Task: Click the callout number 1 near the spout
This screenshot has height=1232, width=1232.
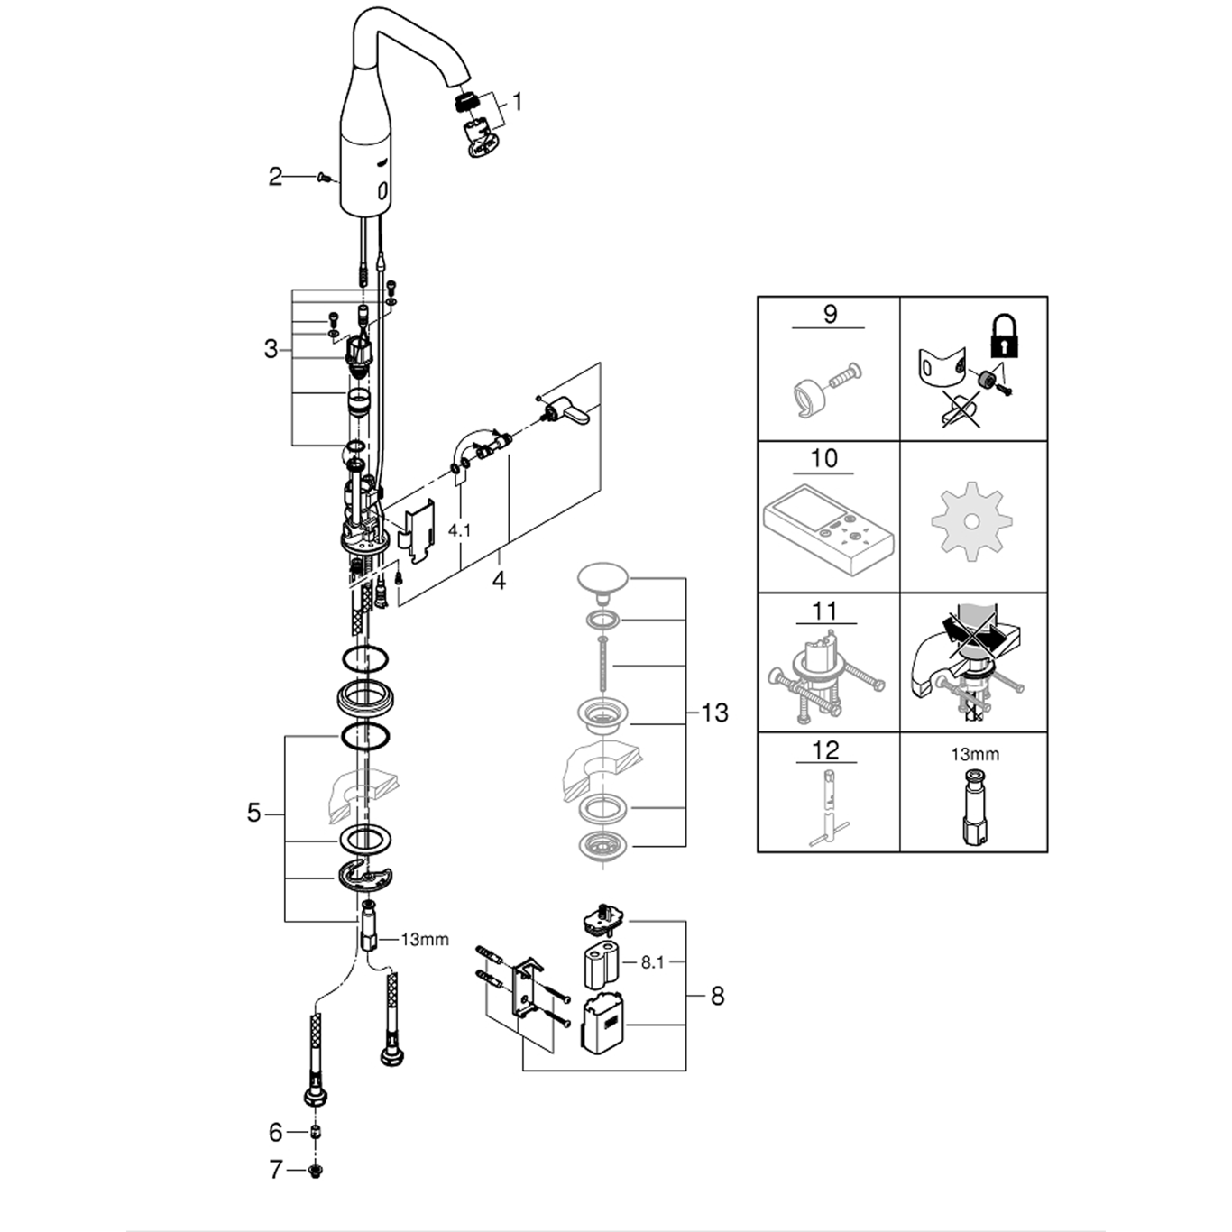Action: click(518, 102)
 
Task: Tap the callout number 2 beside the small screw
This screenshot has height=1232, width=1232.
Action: click(275, 177)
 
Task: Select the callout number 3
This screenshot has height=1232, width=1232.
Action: click(271, 349)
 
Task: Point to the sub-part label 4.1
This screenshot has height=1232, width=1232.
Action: click(460, 531)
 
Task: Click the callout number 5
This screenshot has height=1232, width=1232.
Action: click(254, 813)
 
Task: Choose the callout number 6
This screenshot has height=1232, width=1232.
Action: click(276, 1132)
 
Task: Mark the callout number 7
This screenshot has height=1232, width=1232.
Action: click(276, 1170)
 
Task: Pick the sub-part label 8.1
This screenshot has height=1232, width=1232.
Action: click(652, 962)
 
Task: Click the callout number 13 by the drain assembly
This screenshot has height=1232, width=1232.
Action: click(714, 713)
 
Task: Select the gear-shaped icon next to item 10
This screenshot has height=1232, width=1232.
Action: click(971, 522)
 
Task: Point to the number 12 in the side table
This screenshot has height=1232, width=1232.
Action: click(825, 749)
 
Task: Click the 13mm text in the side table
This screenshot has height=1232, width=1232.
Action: click(975, 754)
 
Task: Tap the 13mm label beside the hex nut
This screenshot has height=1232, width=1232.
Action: click(425, 940)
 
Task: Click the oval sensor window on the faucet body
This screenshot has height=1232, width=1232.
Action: click(382, 191)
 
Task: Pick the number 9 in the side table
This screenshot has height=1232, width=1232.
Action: click(830, 314)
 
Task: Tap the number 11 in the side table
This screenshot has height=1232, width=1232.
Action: click(825, 611)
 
